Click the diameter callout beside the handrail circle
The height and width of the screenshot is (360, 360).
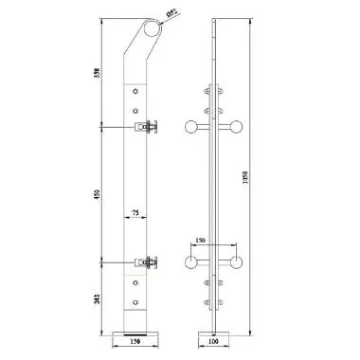(x=171, y=14)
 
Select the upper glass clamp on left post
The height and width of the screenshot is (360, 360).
(x=149, y=127)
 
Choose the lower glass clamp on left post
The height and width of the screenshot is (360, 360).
(x=149, y=262)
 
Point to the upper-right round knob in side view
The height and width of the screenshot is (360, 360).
(x=237, y=127)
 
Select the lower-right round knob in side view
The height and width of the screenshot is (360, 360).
(x=237, y=262)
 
